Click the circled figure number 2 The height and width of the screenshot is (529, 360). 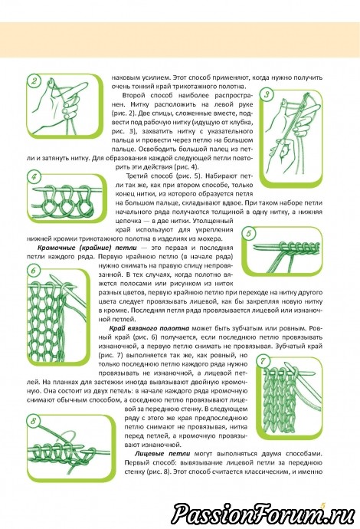tap(34, 81)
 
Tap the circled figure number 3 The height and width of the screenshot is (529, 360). tap(267, 94)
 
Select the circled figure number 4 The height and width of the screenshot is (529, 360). tap(34, 177)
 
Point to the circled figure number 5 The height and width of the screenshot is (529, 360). tap(249, 234)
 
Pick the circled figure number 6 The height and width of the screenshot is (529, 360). tap(34, 271)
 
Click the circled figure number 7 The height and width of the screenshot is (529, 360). tap(263, 361)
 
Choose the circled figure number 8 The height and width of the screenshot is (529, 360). tap(34, 421)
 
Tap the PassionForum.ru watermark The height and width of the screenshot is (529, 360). tap(263, 514)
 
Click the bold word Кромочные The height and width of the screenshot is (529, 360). tap(53, 248)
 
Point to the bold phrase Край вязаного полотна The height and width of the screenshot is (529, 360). tap(149, 328)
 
